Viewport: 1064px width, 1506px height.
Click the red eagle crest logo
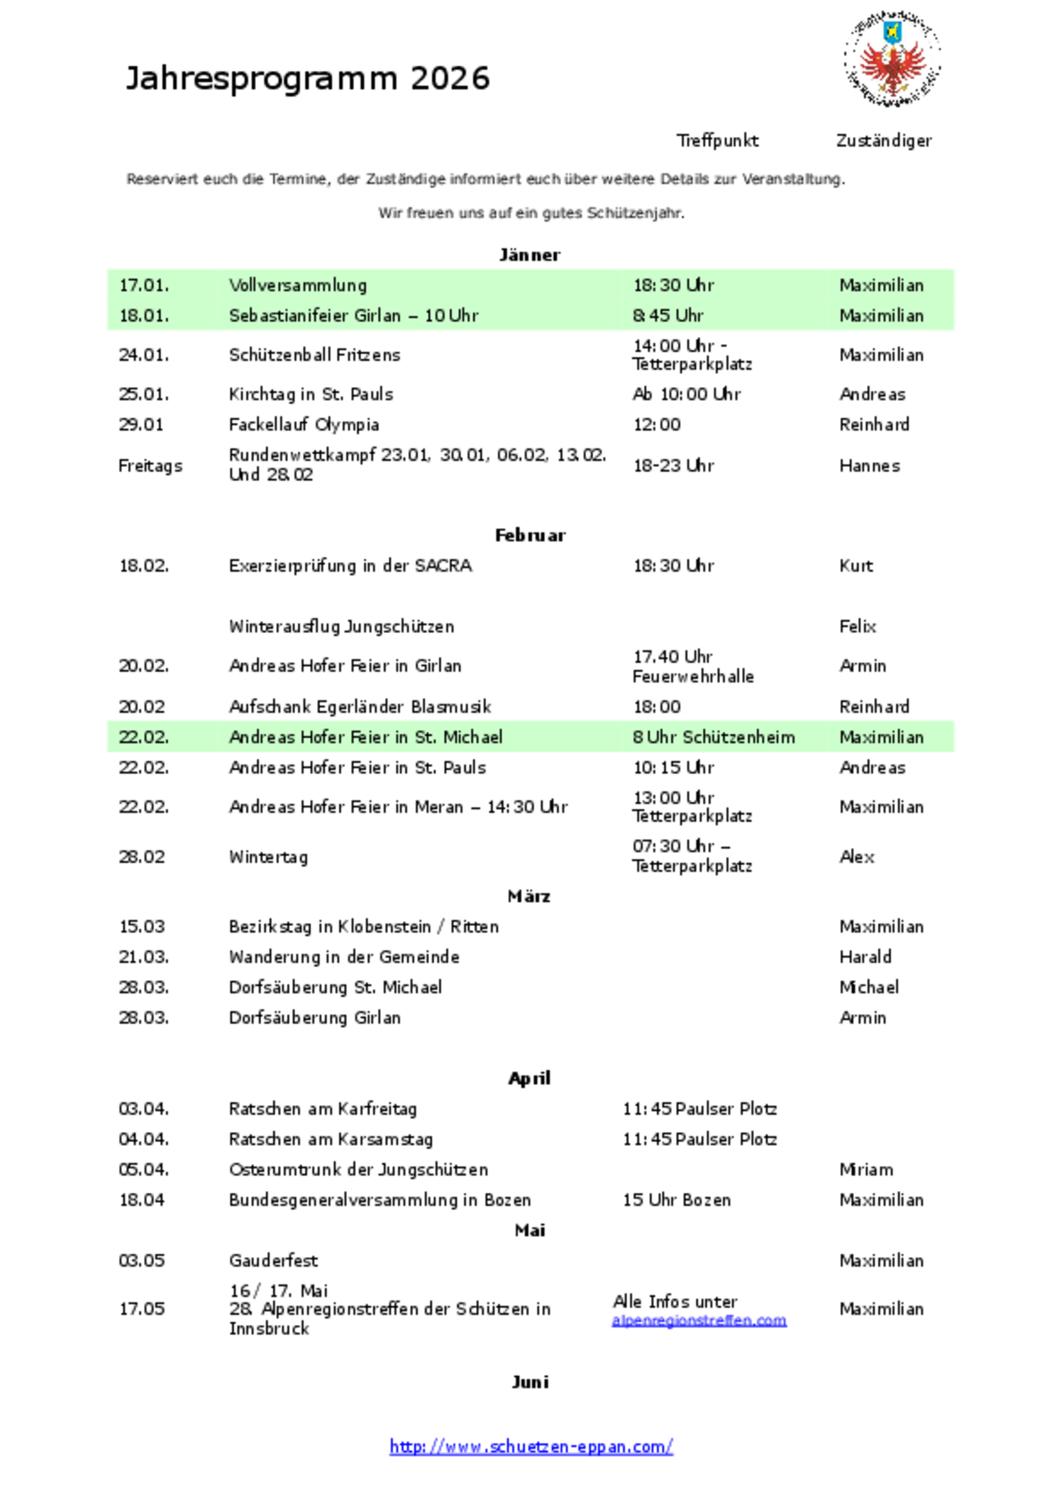(x=892, y=59)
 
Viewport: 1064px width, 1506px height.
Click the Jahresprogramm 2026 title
(x=308, y=78)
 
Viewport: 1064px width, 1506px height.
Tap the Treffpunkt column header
(x=717, y=141)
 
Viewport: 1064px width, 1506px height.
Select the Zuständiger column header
(x=883, y=141)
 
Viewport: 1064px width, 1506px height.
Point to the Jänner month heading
(x=529, y=255)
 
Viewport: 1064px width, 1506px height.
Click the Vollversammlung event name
(x=298, y=285)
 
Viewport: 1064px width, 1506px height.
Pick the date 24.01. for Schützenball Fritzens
(x=143, y=355)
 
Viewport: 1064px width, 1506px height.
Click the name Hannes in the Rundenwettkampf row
(x=869, y=466)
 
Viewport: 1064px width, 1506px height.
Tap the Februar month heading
(x=530, y=535)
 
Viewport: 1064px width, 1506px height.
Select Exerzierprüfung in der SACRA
(x=350, y=566)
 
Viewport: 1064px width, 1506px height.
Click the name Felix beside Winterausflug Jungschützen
(x=858, y=627)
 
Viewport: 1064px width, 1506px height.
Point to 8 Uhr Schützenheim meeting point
(x=714, y=737)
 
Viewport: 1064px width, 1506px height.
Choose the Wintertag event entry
(x=268, y=857)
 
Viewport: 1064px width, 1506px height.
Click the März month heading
(x=529, y=896)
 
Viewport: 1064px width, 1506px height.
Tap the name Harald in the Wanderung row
(x=865, y=957)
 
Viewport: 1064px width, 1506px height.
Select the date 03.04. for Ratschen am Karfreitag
(x=143, y=1109)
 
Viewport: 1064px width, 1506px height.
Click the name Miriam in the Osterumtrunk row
(x=866, y=1170)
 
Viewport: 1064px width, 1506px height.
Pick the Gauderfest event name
(x=273, y=1260)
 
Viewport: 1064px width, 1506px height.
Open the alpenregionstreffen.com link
(x=699, y=1321)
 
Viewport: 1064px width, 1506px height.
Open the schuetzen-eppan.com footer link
(x=531, y=1446)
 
